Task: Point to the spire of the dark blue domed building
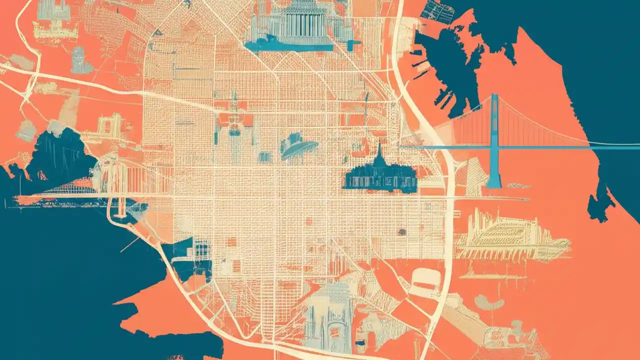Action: [x=379, y=149]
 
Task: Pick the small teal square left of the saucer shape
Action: [x=264, y=157]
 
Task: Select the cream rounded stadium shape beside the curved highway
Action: [x=424, y=278]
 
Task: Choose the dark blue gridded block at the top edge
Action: [x=437, y=11]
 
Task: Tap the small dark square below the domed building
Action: [x=401, y=232]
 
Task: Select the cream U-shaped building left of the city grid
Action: [x=110, y=125]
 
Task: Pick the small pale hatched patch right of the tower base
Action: [x=515, y=185]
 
